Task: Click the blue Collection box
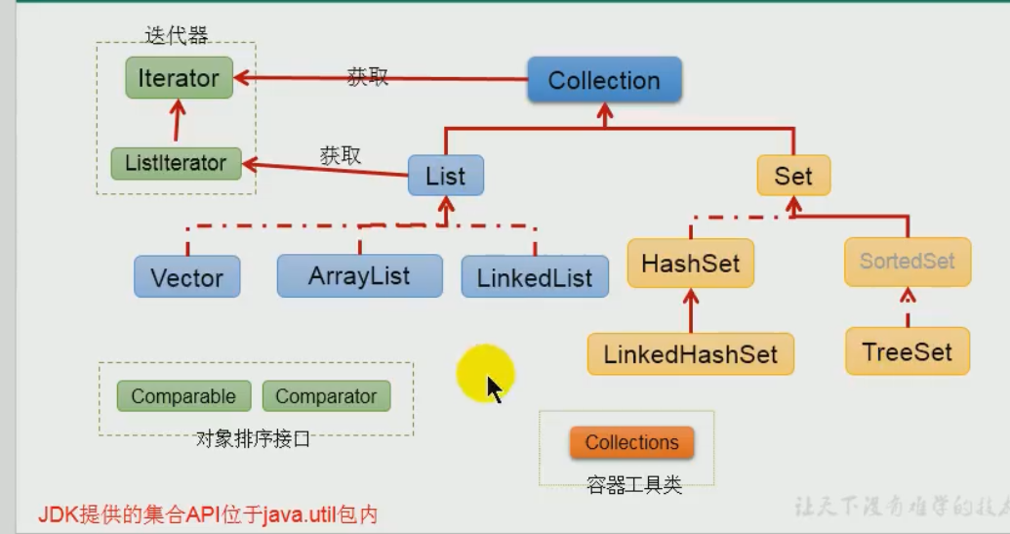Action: coord(604,80)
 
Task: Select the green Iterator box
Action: coord(179,78)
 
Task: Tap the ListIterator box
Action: coord(176,163)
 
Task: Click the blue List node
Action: coord(445,177)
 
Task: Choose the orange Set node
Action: coord(793,176)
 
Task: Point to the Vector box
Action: coord(187,277)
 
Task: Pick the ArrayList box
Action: coord(359,276)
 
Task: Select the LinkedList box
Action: coord(535,277)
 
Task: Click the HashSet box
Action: coord(690,264)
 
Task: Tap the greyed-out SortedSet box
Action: coord(908,262)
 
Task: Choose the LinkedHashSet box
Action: coord(690,353)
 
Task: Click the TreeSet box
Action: coord(908,351)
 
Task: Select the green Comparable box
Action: coord(183,396)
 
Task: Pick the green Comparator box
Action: coord(326,396)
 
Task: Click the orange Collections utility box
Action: coord(631,442)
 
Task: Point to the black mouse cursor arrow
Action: coord(494,389)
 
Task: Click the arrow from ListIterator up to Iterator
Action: coord(177,123)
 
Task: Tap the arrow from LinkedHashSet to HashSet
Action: coord(691,310)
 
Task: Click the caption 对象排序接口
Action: coord(253,439)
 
